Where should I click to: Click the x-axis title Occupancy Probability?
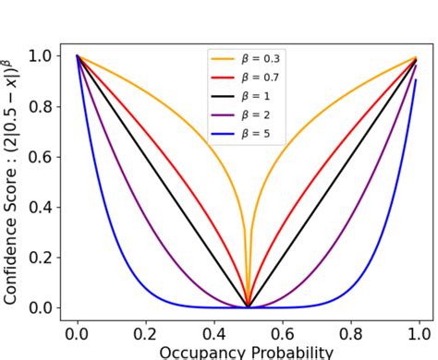click(x=246, y=352)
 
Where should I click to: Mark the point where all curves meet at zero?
click(x=249, y=306)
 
